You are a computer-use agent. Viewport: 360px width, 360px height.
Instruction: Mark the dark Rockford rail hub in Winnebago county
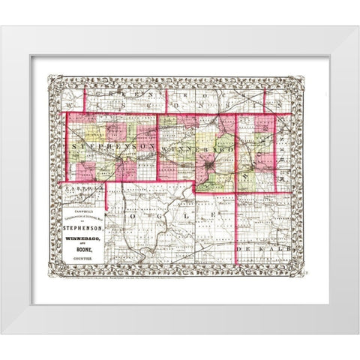pyautogui.click(x=205, y=162)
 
